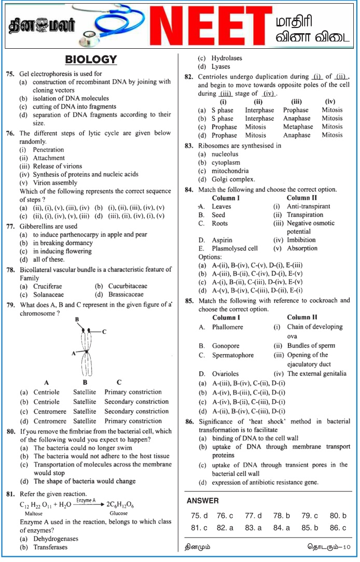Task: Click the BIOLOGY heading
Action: (x=91, y=60)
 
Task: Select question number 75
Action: (x=10, y=74)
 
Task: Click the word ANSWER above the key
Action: (x=202, y=501)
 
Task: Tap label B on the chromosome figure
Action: (x=77, y=319)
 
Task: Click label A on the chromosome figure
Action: (x=74, y=353)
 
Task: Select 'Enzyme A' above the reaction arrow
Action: (x=86, y=501)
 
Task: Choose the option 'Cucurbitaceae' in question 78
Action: (x=128, y=286)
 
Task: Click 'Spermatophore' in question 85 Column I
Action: (x=233, y=356)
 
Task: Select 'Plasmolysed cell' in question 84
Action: (x=234, y=248)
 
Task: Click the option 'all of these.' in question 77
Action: (x=49, y=260)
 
